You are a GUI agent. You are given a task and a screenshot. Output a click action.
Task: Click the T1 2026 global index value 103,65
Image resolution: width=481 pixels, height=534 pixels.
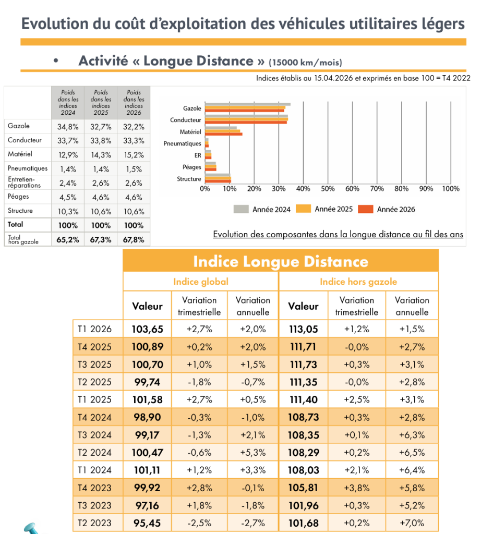click(x=148, y=329)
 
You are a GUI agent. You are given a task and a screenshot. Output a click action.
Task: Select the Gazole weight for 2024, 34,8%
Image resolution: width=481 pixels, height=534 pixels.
click(x=68, y=126)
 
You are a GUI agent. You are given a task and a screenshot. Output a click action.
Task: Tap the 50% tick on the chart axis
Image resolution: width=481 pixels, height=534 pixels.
click(x=328, y=189)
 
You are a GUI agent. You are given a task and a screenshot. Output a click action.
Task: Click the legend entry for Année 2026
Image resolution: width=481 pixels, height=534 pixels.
click(x=396, y=209)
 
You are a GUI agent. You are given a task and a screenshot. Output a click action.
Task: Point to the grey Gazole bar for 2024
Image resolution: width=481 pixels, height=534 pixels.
click(x=247, y=104)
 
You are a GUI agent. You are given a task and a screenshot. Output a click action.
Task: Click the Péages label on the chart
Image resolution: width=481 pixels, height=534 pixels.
click(x=192, y=167)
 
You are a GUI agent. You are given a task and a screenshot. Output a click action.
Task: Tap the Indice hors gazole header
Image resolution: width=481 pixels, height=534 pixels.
click(x=358, y=282)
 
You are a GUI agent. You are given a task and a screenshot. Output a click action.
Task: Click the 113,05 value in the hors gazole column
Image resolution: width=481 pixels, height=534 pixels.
click(x=304, y=329)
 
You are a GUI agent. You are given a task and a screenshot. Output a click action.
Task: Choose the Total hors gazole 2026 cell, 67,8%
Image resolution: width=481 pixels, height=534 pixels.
click(x=134, y=239)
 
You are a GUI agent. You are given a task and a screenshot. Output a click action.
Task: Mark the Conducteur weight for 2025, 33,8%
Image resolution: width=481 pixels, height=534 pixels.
click(x=101, y=140)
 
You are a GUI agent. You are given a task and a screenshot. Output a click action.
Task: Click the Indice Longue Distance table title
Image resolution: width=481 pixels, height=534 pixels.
click(x=281, y=261)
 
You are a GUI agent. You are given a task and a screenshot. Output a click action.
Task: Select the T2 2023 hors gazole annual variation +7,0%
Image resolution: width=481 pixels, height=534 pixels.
click(x=412, y=523)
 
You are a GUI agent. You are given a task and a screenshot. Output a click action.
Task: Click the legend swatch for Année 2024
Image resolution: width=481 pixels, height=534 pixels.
click(x=240, y=209)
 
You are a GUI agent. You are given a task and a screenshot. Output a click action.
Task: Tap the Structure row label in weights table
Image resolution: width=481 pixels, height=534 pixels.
click(x=20, y=211)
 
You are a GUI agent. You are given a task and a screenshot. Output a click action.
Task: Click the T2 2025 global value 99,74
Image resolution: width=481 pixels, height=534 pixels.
click(x=148, y=382)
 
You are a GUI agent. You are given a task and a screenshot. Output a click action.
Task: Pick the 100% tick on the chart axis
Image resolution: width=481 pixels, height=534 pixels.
click(x=451, y=189)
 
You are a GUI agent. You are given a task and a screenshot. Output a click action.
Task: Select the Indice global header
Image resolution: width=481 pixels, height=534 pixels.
click(x=201, y=282)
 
